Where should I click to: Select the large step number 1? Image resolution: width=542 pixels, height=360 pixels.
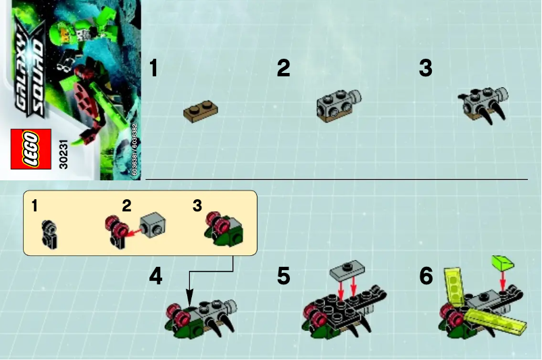154,68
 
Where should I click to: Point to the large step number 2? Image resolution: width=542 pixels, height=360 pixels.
283,68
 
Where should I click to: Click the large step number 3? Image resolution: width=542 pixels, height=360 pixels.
425,68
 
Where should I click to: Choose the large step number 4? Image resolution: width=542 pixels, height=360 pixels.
155,277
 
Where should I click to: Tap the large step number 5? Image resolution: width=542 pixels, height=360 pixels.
283,277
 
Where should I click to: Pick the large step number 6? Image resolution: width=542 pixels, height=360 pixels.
425,277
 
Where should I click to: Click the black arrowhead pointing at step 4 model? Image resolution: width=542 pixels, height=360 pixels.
190,299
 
